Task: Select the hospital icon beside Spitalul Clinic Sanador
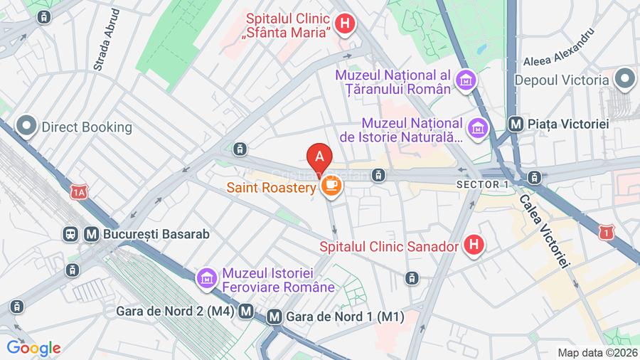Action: [x=473, y=247]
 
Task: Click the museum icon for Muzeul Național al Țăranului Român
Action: [x=466, y=81]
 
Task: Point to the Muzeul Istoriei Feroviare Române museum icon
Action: [x=207, y=278]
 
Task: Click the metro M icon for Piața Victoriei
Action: [x=517, y=124]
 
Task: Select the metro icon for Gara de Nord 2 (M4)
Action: [x=247, y=311]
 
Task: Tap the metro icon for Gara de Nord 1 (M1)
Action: [x=274, y=317]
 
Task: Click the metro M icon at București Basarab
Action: [x=91, y=233]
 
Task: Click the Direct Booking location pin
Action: [x=27, y=127]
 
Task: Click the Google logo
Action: [x=33, y=348]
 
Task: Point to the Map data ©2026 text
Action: [x=596, y=352]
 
